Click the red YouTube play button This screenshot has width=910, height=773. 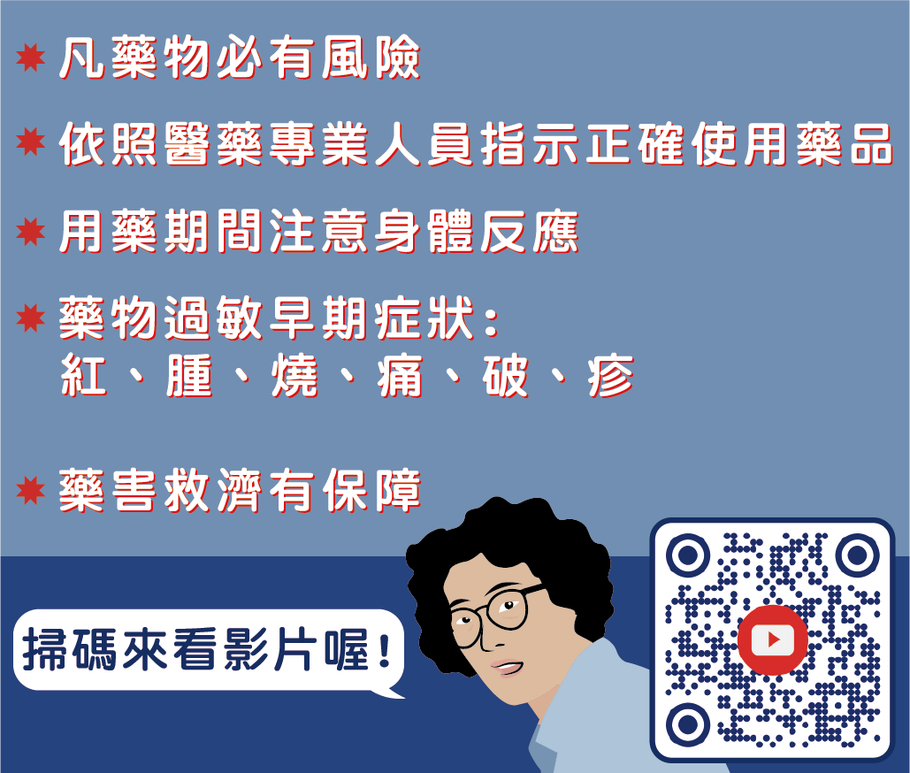point(772,639)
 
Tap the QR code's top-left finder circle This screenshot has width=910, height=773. point(688,555)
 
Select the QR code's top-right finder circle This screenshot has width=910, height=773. point(857,555)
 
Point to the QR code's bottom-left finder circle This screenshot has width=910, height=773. point(688,724)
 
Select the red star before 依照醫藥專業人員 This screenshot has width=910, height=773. point(31,142)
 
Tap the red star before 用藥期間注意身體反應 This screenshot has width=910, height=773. point(31,232)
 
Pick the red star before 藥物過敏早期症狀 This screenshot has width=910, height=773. point(31,318)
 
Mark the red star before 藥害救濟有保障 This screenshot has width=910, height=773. point(31,490)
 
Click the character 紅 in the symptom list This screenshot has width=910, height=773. point(84,375)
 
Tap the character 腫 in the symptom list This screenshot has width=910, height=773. point(189,375)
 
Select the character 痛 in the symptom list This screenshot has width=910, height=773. point(400,375)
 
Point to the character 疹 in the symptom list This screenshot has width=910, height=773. point(610,375)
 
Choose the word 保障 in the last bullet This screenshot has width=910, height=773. point(371,491)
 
